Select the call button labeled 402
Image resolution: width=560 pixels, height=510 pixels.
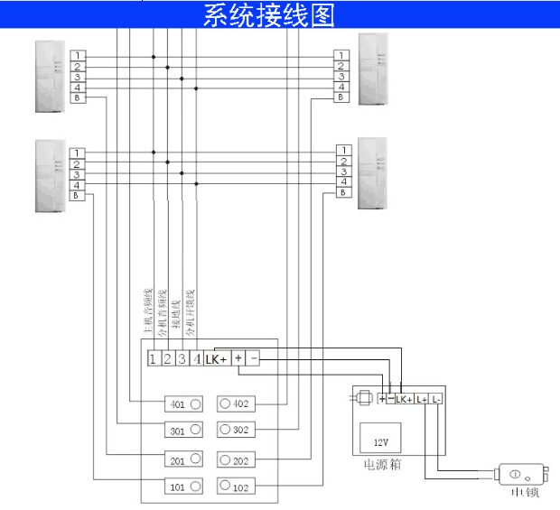238,403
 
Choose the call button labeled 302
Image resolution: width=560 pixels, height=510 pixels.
238,430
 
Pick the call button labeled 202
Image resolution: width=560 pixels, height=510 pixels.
238,460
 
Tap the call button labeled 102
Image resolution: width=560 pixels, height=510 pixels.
238,487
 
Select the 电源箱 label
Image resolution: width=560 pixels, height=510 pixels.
382,467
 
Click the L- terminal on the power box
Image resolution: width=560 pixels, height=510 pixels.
436,398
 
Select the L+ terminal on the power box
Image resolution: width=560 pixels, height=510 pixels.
421,398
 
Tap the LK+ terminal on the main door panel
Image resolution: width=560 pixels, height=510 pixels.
216,358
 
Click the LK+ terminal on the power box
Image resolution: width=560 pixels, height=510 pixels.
404,398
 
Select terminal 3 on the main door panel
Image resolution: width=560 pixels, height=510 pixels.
182,358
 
